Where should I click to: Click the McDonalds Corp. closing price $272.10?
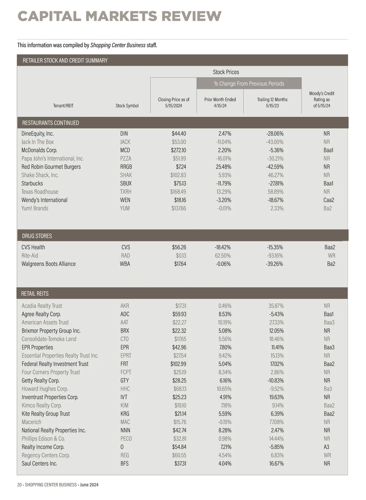pyautogui.click(x=178, y=150)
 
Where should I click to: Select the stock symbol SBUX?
pyautogui.click(x=126, y=184)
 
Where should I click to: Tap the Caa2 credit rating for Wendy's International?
pyautogui.click(x=328, y=200)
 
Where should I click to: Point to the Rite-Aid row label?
pyautogui.click(x=30, y=256)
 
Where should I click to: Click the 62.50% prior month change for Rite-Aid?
pyautogui.click(x=223, y=256)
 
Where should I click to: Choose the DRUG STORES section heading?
pyautogui.click(x=37, y=236)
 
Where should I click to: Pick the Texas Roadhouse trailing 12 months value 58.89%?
pyautogui.click(x=275, y=192)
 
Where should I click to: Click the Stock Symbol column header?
pyautogui.click(x=127, y=106)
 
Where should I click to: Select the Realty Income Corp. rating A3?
pyautogui.click(x=326, y=447)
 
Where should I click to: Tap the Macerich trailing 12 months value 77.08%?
pyautogui.click(x=275, y=422)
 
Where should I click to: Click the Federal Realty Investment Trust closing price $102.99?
pyautogui.click(x=178, y=364)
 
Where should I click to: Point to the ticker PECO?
pyautogui.click(x=126, y=439)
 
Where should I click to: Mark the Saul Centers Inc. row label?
pyautogui.click(x=39, y=464)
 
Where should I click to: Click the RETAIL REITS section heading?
pyautogui.click(x=35, y=294)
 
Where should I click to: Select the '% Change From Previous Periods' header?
pyautogui.click(x=249, y=84)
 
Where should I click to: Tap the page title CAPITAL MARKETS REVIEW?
pyautogui.click(x=120, y=16)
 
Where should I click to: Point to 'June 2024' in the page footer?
pyautogui.click(x=89, y=485)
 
